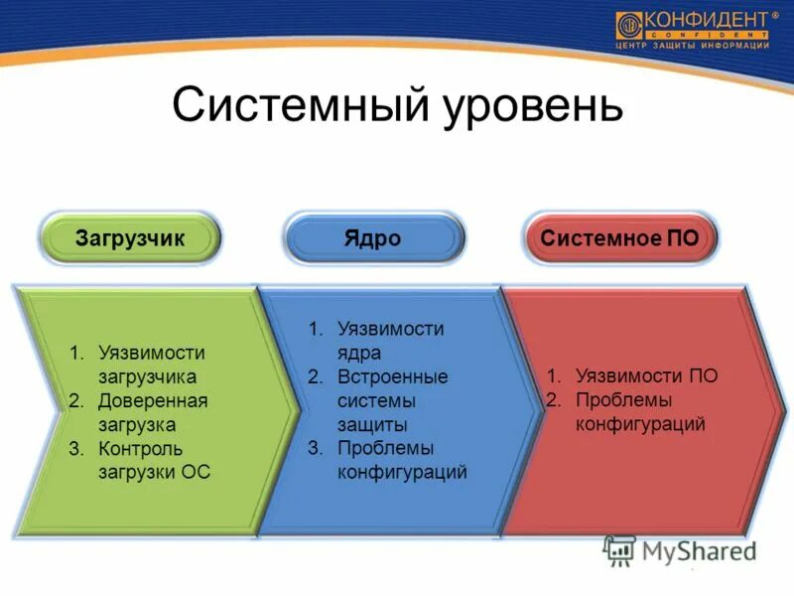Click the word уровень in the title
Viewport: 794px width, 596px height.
(527, 104)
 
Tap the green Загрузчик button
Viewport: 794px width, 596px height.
(130, 239)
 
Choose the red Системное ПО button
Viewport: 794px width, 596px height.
(619, 239)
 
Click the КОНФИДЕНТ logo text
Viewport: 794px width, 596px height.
(705, 20)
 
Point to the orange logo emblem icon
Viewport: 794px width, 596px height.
(628, 26)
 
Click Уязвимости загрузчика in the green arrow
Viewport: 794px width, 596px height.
(149, 365)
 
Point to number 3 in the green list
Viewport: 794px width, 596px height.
(75, 448)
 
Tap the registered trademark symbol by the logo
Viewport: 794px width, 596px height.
(775, 15)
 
